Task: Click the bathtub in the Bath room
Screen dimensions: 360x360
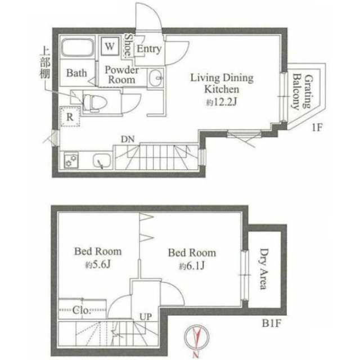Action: pyautogui.click(x=78, y=47)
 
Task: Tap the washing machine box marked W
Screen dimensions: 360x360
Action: pyautogui.click(x=110, y=46)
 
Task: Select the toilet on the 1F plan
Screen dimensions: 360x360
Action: pyautogui.click(x=94, y=103)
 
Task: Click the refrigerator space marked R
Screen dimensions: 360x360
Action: pyautogui.click(x=70, y=116)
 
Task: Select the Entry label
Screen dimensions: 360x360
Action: pyautogui.click(x=149, y=49)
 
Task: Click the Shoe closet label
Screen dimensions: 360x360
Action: pyautogui.click(x=128, y=46)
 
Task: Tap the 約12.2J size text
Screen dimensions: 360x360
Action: pyautogui.click(x=221, y=102)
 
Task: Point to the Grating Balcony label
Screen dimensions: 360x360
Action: pyautogui.click(x=303, y=91)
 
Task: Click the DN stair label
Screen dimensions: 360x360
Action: pyautogui.click(x=128, y=139)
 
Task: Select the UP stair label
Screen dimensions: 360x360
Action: pyautogui.click(x=146, y=317)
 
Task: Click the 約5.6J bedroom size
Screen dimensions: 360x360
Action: pyautogui.click(x=98, y=265)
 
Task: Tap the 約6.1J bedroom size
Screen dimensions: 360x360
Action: pyautogui.click(x=192, y=266)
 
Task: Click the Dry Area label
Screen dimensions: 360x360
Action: pyautogui.click(x=264, y=269)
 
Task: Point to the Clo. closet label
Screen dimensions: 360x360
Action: pyautogui.click(x=81, y=310)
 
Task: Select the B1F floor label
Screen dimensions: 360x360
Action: pyautogui.click(x=272, y=323)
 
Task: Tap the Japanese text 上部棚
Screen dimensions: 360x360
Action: pyautogui.click(x=45, y=63)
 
